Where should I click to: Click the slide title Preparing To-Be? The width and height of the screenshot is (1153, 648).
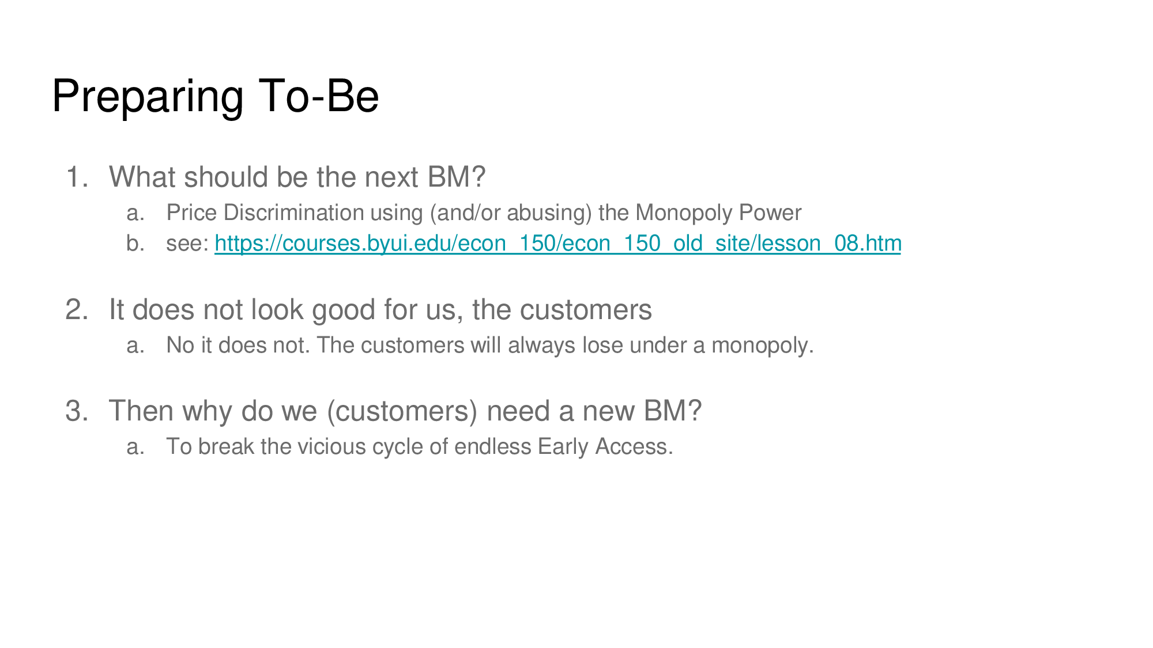tap(216, 97)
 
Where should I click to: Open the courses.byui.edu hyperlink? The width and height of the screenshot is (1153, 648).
tap(557, 244)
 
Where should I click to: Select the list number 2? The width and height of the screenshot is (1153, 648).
tap(77, 310)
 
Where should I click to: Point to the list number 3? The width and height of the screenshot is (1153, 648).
tap(77, 411)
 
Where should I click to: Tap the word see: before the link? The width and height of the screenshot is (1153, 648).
tap(187, 244)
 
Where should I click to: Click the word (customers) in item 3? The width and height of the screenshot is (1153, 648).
tap(402, 411)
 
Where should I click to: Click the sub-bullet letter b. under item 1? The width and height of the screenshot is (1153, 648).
tap(135, 244)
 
